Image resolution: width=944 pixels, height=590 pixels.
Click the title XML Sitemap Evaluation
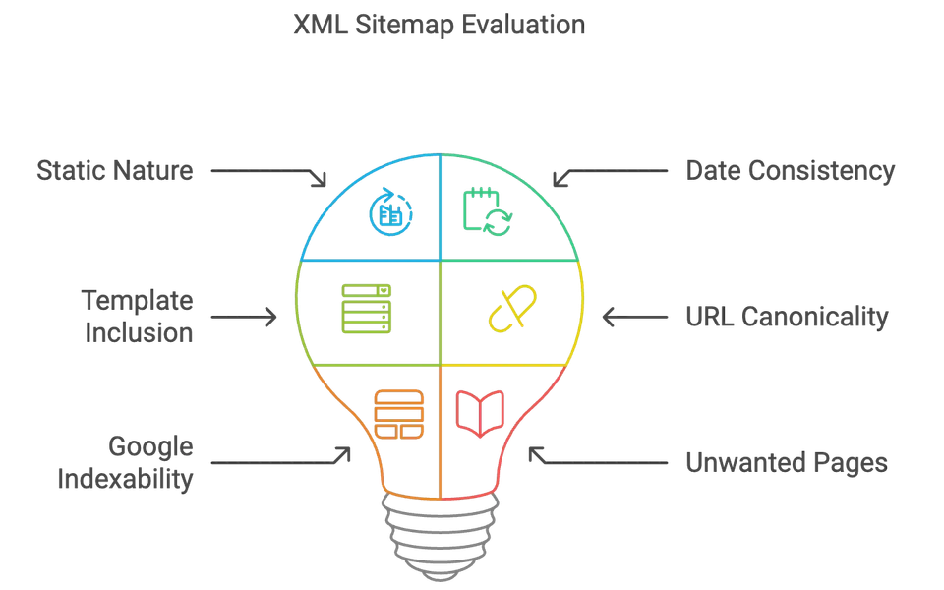coord(439,25)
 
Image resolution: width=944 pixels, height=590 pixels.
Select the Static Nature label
coord(115,170)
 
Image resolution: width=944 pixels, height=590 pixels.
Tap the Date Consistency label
coord(790,170)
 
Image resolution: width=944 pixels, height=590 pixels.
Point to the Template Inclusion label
coord(138,316)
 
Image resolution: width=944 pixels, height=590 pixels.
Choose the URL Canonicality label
coord(786,317)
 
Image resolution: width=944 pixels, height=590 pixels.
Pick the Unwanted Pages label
coord(786,462)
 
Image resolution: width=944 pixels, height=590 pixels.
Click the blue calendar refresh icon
coord(386,211)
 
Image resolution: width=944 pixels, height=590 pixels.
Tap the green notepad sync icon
coord(486,210)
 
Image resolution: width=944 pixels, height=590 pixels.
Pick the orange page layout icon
coord(398,415)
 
